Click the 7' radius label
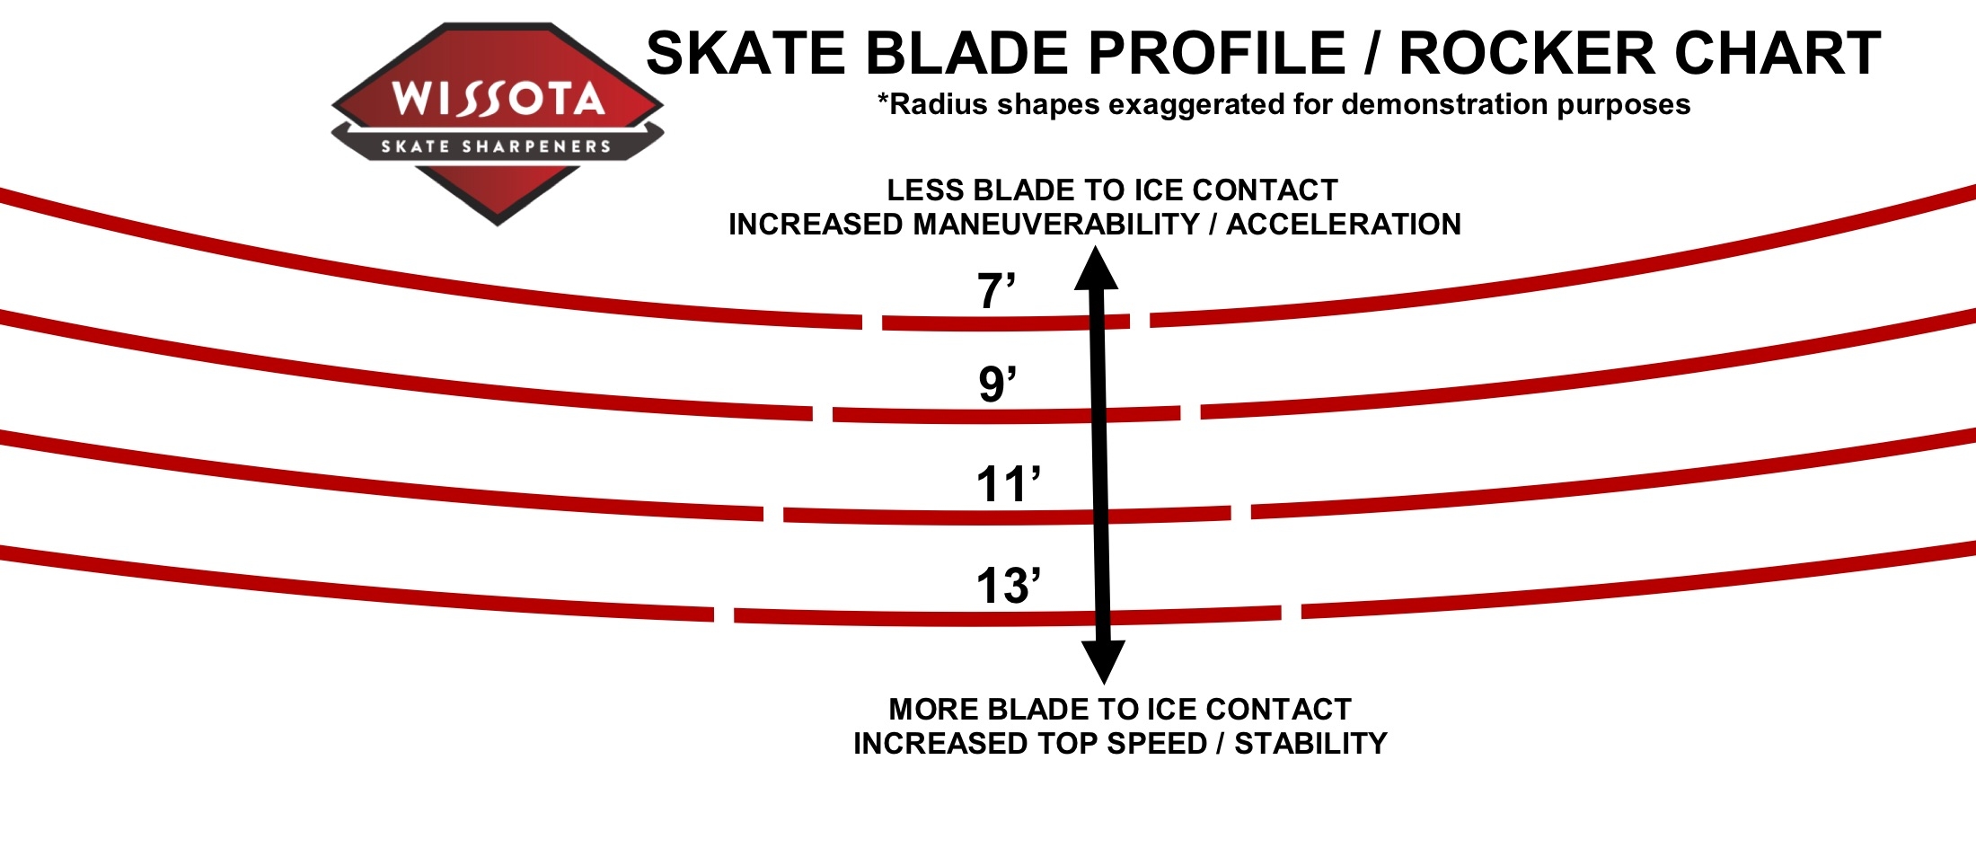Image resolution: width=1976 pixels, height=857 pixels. click(x=996, y=291)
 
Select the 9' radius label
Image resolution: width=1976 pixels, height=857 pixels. click(x=997, y=384)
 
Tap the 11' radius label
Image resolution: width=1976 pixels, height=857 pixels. click(x=1008, y=484)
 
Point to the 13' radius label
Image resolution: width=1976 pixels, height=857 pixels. click(x=1008, y=585)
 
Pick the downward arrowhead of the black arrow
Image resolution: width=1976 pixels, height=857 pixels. click(x=1103, y=663)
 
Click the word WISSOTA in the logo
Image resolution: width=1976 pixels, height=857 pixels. click(x=498, y=98)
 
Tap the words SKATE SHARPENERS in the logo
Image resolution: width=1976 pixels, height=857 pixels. click(x=496, y=146)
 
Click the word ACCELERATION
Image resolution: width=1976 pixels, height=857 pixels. click(x=1344, y=224)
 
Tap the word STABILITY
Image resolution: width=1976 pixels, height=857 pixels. click(x=1310, y=743)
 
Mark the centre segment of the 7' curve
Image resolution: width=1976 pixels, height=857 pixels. click(x=1006, y=323)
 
